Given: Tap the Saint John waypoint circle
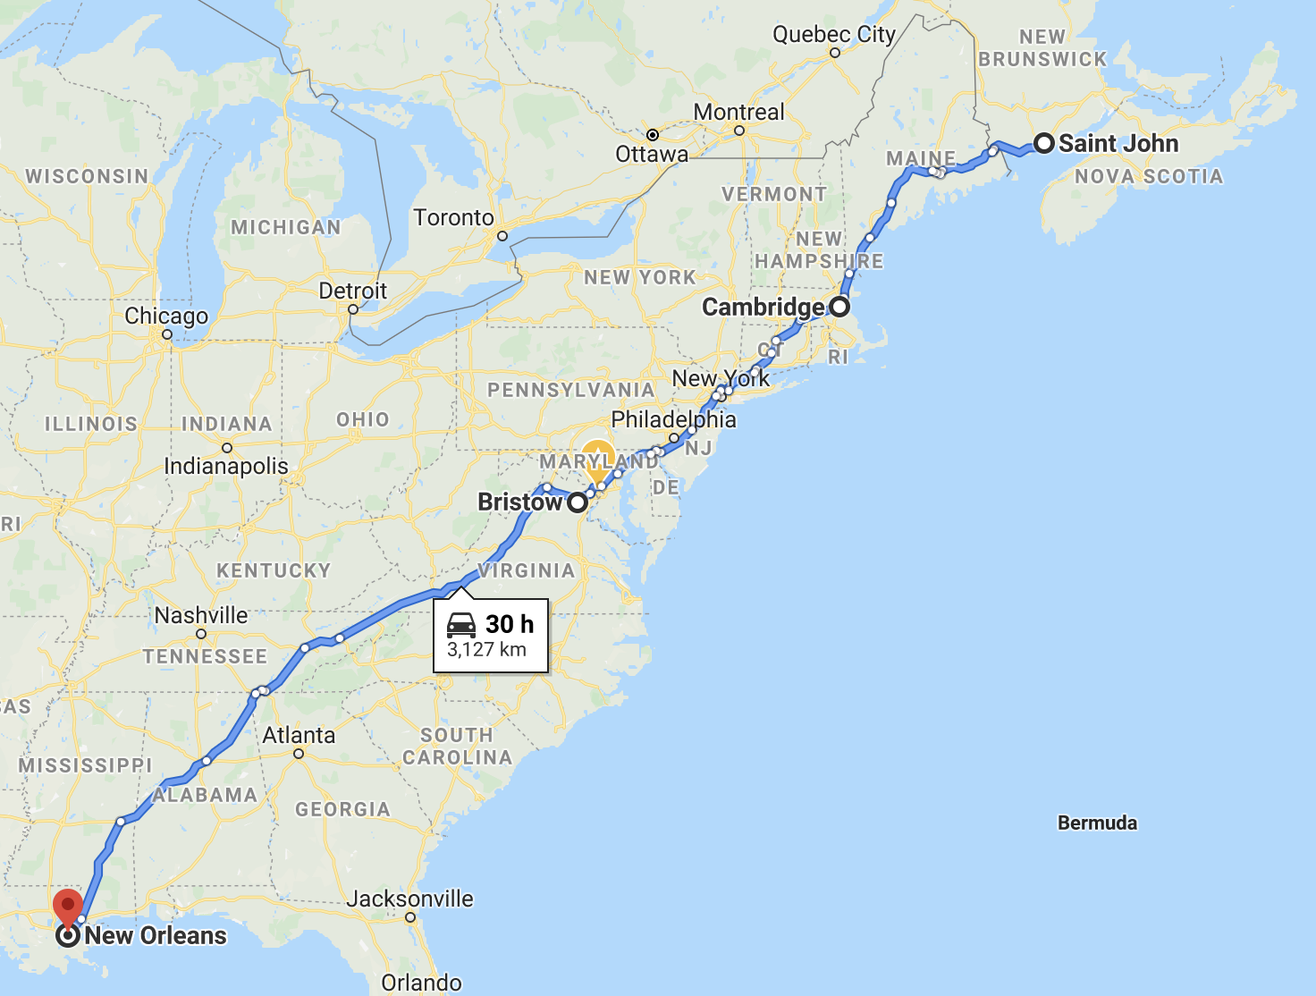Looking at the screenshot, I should click(1043, 143).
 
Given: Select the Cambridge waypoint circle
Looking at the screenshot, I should click(839, 307).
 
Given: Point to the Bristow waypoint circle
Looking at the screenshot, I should click(578, 502).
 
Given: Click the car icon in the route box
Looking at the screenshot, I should click(461, 624).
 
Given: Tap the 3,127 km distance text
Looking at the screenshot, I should click(486, 650).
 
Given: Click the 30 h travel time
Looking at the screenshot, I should click(510, 624).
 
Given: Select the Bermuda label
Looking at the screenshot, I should click(1097, 823).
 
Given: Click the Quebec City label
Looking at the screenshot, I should click(833, 35).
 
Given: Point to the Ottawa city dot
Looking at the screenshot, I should click(653, 135).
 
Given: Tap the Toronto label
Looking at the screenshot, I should click(453, 218).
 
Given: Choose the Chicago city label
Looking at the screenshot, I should click(166, 317).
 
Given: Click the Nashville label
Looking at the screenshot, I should click(201, 615).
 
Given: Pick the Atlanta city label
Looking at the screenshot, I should click(299, 735).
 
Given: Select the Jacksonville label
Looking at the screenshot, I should click(409, 899).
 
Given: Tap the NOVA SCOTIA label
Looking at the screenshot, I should click(1148, 176).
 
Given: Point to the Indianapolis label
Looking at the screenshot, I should click(226, 466).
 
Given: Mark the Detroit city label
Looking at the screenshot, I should click(353, 291).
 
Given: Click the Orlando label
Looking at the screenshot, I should click(421, 983).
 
